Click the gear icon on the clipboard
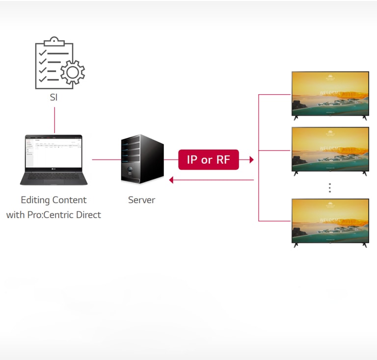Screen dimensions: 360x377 (x=72, y=73)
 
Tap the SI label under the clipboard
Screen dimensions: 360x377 (x=54, y=98)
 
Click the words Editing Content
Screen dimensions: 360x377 (x=54, y=200)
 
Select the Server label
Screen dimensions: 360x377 (x=141, y=200)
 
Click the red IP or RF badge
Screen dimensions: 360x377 (x=208, y=160)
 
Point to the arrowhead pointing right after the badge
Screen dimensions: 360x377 (x=251, y=160)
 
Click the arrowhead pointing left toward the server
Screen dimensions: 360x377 (x=171, y=180)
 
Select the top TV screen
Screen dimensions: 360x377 (x=330, y=93)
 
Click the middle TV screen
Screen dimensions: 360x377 (x=330, y=149)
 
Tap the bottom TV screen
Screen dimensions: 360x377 (x=330, y=220)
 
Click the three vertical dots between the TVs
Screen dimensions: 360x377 (x=330, y=188)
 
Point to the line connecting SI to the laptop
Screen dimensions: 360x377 (x=54, y=120)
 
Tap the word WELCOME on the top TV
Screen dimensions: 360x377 (x=330, y=93)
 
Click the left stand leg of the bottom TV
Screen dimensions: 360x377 (x=296, y=245)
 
